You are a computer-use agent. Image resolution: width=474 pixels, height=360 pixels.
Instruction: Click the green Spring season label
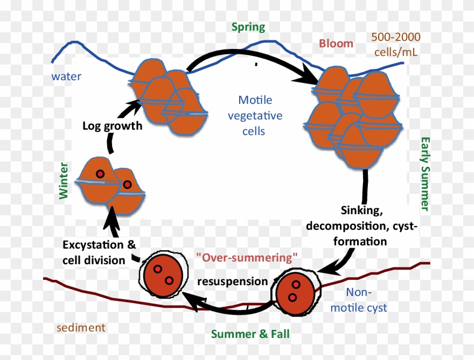[248, 27]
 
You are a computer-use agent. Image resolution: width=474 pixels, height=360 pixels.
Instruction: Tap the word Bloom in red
[336, 44]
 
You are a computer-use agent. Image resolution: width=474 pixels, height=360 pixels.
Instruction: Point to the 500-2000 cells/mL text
[395, 45]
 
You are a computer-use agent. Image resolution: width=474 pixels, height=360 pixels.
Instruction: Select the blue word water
[66, 76]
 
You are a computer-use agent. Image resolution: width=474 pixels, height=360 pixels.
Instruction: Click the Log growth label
[112, 126]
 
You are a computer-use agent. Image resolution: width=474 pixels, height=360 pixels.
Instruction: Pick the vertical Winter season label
[64, 180]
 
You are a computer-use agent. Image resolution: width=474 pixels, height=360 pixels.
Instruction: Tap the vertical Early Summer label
[425, 173]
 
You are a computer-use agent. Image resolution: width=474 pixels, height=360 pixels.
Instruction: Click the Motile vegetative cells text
[255, 115]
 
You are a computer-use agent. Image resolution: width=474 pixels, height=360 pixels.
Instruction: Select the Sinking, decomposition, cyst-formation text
[361, 225]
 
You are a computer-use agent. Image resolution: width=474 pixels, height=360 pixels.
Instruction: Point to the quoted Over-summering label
[247, 257]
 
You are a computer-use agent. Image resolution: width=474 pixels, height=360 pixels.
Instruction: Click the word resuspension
[232, 281]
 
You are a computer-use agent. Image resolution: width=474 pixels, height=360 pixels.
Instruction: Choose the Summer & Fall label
[250, 334]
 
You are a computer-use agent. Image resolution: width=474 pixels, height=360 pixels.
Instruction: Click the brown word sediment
[81, 327]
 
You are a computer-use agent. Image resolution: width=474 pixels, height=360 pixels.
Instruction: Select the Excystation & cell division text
[99, 252]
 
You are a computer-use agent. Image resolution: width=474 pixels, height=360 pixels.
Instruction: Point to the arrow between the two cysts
[226, 307]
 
